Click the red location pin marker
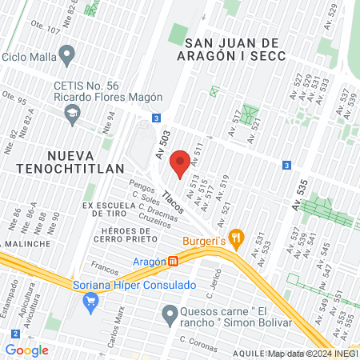182,162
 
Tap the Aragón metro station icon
173,262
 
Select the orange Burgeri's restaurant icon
235,237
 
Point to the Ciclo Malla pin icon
67,56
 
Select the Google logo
26,350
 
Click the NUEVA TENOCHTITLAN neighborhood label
64,161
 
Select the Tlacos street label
173,200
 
